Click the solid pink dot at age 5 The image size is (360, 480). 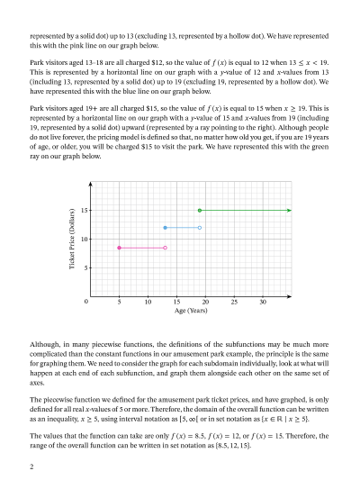click(119, 248)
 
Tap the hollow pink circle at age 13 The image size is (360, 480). click(165, 248)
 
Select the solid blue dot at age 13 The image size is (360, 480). click(165, 228)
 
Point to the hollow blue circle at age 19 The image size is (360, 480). click(199, 228)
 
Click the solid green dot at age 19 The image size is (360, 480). click(199, 210)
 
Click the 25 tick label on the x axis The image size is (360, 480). click(234, 303)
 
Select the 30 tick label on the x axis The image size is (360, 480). click(263, 303)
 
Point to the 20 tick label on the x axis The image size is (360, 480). click(205, 303)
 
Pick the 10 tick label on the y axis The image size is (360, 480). click(82, 239)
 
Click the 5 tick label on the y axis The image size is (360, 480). click(84, 268)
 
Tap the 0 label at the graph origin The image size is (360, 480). click(86, 303)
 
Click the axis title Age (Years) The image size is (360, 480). click(191, 312)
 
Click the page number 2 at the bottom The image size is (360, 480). click(31, 466)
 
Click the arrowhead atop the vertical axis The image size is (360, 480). click(90, 183)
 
